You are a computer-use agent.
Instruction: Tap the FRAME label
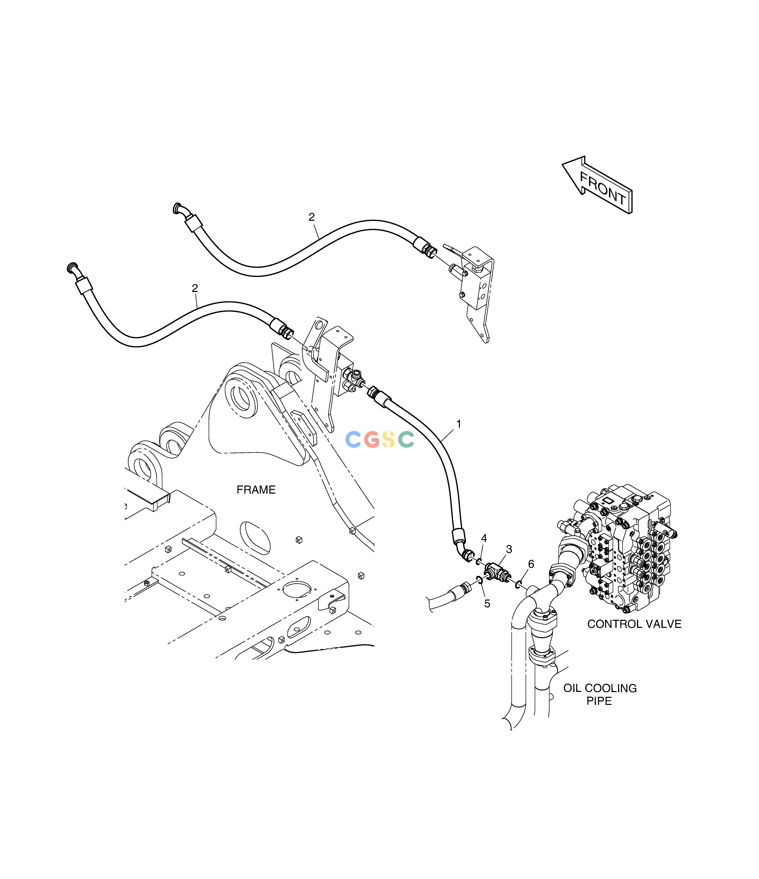[x=256, y=490]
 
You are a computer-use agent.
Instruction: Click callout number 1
[x=459, y=424]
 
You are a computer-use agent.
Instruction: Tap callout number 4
[x=484, y=538]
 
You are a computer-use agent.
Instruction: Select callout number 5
[x=487, y=604]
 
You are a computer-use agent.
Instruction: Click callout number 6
[x=531, y=564]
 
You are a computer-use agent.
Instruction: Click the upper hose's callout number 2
[x=312, y=217]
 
